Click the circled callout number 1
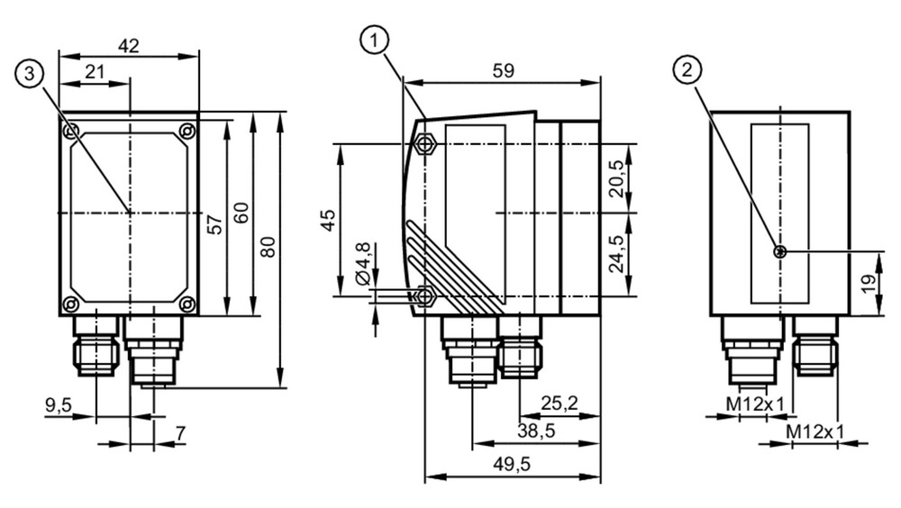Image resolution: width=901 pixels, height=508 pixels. coord(375,41)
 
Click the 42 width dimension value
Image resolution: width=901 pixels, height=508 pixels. coord(128,46)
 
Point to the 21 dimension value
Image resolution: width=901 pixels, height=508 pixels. coord(95,72)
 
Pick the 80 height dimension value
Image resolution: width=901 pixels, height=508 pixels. coord(268,247)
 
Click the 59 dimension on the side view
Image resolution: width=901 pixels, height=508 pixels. coord(504,70)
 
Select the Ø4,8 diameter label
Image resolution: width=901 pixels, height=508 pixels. coord(363,264)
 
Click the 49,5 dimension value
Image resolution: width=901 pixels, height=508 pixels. coord(512,464)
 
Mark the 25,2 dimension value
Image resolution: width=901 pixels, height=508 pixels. coord(560,404)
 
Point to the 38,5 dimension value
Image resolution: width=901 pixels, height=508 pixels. coord(536,431)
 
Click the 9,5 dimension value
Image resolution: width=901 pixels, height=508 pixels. coord(59,405)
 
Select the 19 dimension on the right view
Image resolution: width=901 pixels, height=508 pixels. coord(869,284)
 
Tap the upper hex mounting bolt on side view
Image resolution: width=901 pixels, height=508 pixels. coord(424,143)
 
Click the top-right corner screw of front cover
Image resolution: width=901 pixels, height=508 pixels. coord(187,131)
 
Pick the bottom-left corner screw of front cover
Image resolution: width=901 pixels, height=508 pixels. coord(70,303)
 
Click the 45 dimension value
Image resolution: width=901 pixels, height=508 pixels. coord(328,220)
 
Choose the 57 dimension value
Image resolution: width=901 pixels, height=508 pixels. coord(214,224)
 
